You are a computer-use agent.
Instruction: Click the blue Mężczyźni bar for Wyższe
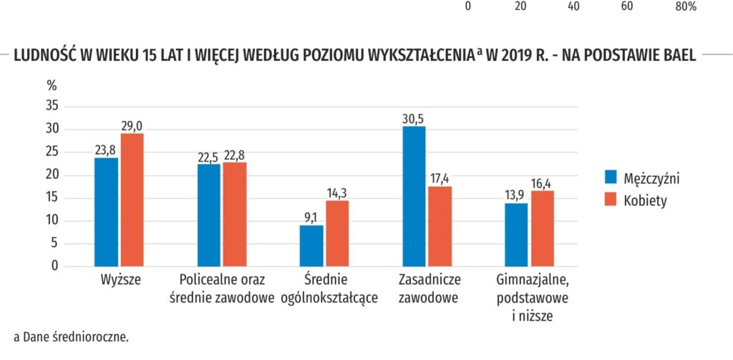106,213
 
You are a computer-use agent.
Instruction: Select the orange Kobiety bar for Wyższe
132,200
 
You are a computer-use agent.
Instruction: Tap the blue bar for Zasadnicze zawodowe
414,196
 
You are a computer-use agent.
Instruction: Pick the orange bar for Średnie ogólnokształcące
337,234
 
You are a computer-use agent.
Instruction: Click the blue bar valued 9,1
311,246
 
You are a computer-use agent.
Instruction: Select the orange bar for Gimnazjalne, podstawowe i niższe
543,228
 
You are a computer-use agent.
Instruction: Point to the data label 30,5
414,118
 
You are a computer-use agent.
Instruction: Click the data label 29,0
132,126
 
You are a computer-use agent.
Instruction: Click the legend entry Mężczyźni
642,177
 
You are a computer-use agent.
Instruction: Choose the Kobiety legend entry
636,200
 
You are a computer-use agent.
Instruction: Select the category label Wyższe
120,281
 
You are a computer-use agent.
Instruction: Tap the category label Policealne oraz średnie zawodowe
222,288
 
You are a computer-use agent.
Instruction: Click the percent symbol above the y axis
52,86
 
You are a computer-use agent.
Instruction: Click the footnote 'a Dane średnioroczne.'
71,337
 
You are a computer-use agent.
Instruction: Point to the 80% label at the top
686,6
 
